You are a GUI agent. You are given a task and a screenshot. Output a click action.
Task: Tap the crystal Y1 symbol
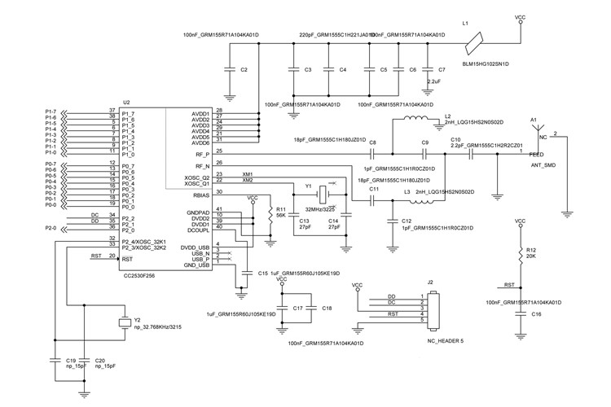pos(322,194)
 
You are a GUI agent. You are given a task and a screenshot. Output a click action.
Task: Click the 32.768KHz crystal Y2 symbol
pos(124,324)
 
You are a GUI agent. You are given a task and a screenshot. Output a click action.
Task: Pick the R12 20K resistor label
pos(531,253)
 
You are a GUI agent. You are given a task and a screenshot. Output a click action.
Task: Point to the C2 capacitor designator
pos(244,71)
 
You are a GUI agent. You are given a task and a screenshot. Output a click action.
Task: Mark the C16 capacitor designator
pos(536,313)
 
